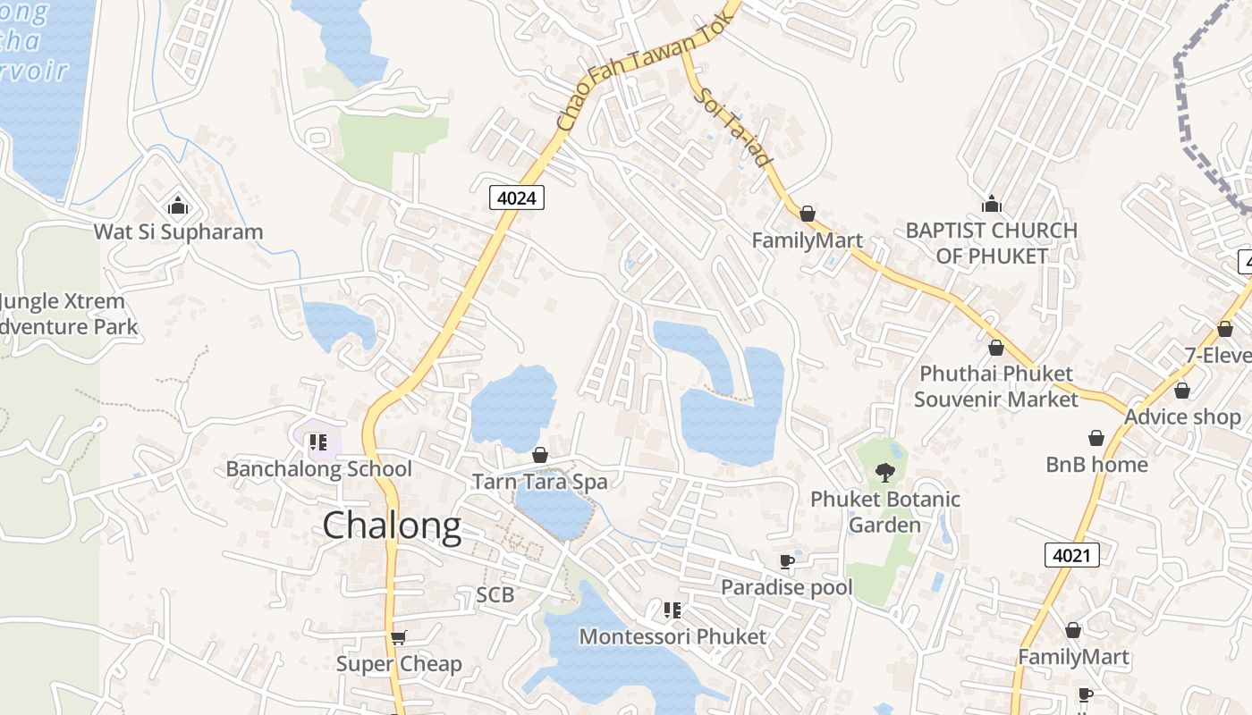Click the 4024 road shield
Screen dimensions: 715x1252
[x=517, y=198]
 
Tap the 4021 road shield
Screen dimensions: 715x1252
[x=1071, y=555]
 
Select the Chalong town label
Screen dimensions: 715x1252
[x=392, y=526]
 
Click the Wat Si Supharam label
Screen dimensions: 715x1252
[x=179, y=232]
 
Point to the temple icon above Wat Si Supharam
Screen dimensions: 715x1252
[x=178, y=206]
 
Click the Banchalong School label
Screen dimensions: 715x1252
[x=318, y=469]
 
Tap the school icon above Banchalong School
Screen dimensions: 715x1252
[x=318, y=442]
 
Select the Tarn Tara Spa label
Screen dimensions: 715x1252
[x=539, y=482]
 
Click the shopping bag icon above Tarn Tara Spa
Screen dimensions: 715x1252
[x=539, y=455]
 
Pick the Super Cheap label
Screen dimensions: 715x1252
[x=399, y=664]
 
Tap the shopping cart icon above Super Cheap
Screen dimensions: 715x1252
[x=399, y=637]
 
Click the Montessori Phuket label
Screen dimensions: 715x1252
[x=673, y=637]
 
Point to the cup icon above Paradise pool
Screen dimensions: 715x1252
[x=786, y=561]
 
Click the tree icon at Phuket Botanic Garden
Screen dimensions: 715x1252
[x=885, y=472]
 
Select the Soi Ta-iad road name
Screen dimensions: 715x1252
[x=732, y=127]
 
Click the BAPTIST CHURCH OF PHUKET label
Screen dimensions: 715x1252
[x=991, y=243]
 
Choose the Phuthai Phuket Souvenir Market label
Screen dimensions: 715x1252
[x=996, y=386]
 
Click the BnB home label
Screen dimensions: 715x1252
[x=1096, y=465]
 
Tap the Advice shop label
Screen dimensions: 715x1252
[x=1182, y=417]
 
